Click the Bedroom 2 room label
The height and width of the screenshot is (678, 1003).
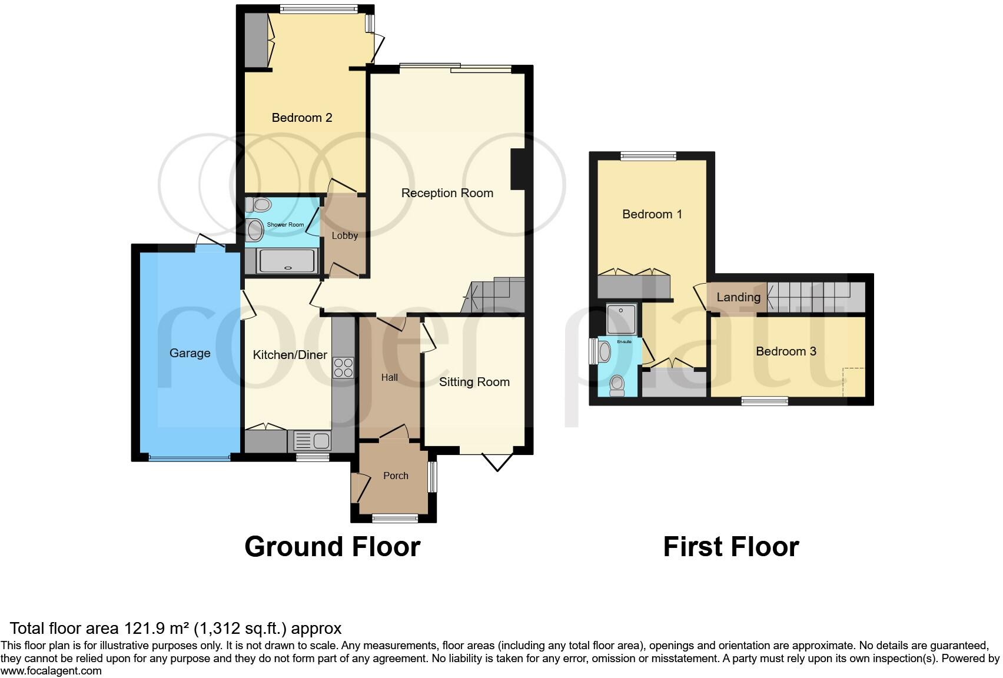pyautogui.click(x=302, y=118)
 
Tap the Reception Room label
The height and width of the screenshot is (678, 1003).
pyautogui.click(x=447, y=193)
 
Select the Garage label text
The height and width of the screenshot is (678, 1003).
pyautogui.click(x=190, y=353)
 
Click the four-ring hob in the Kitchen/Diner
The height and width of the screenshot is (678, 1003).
pyautogui.click(x=343, y=368)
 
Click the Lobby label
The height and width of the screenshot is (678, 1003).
pyautogui.click(x=344, y=235)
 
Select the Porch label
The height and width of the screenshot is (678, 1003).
pyautogui.click(x=396, y=476)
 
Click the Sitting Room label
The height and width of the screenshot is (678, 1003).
pyautogui.click(x=474, y=382)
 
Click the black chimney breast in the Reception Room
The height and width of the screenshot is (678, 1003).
pyautogui.click(x=517, y=169)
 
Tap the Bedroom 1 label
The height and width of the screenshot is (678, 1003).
pyautogui.click(x=652, y=214)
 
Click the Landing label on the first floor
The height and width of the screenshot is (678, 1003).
pyautogui.click(x=738, y=297)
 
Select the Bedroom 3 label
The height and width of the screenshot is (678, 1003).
pyautogui.click(x=786, y=351)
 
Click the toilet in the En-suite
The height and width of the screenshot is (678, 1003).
pyautogui.click(x=617, y=384)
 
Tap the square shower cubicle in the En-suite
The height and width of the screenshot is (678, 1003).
pyautogui.click(x=621, y=318)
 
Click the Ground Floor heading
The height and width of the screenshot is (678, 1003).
pyautogui.click(x=332, y=547)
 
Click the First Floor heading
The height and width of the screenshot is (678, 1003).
pyautogui.click(x=730, y=547)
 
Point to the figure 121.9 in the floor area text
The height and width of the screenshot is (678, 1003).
pyautogui.click(x=142, y=629)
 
